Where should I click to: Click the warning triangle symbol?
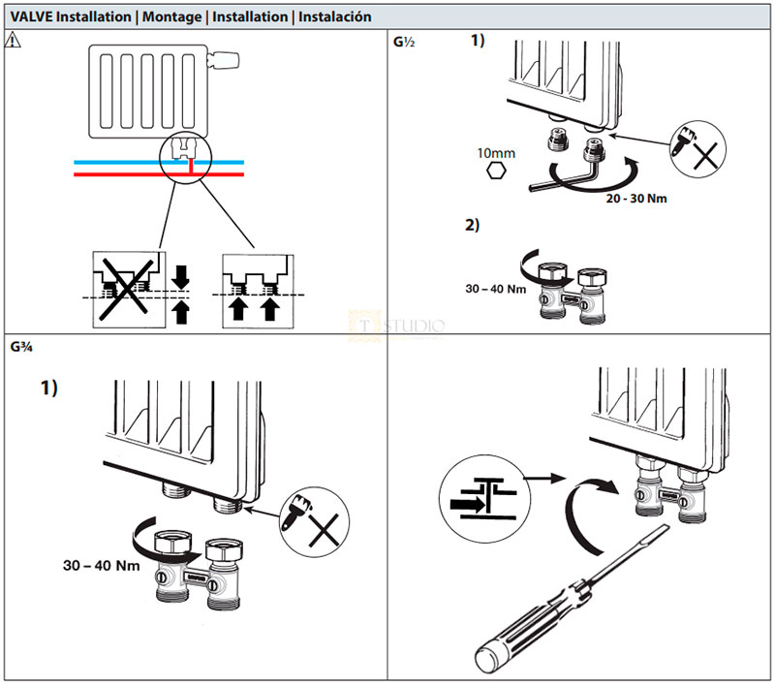[13, 42]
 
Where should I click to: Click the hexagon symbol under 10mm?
[496, 171]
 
